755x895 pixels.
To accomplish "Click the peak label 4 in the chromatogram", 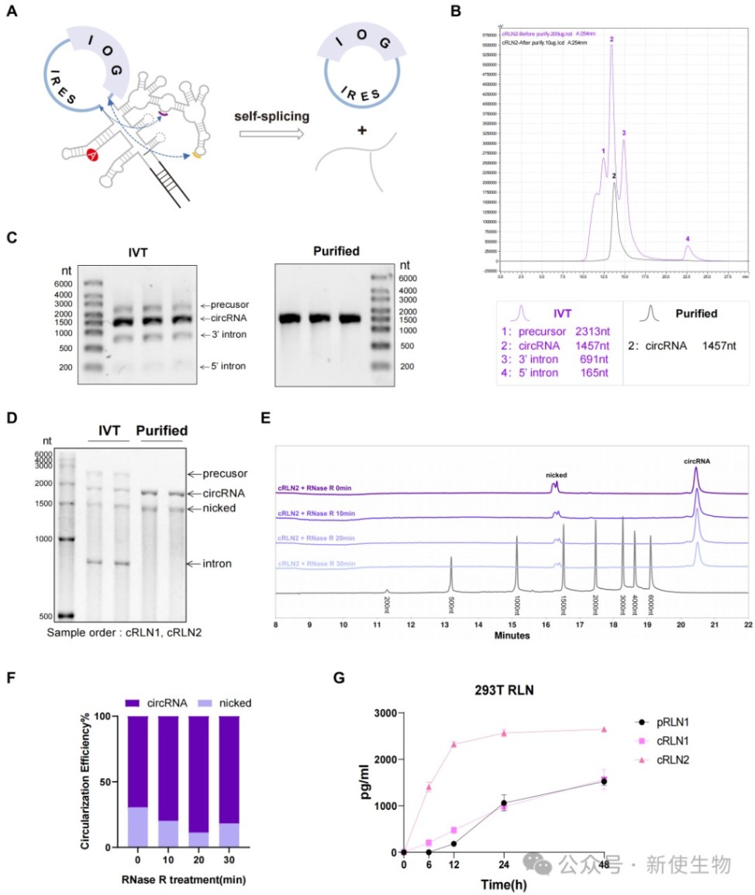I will pyautogui.click(x=687, y=239).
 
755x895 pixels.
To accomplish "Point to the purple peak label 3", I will pyautogui.click(x=623, y=133).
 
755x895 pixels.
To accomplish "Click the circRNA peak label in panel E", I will pyautogui.click(x=696, y=460).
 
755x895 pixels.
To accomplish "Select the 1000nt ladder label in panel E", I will pyautogui.click(x=516, y=602).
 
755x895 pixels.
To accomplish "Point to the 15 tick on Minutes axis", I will pyautogui.click(x=513, y=624).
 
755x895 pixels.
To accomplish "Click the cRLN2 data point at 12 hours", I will pyautogui.click(x=453, y=744).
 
